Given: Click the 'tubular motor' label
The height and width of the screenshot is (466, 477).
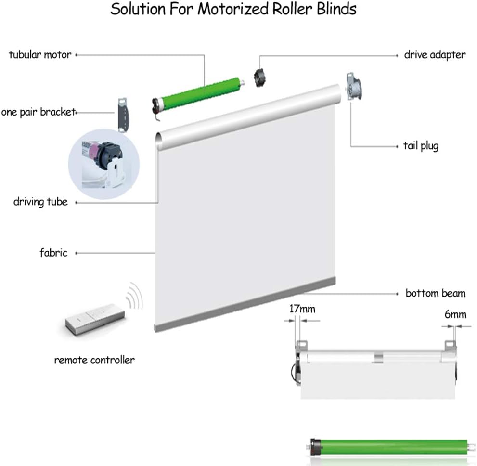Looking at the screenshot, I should coord(40,54).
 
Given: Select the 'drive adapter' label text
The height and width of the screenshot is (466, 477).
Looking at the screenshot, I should coord(435,54).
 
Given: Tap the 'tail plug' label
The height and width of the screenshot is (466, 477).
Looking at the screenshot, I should coord(421,145).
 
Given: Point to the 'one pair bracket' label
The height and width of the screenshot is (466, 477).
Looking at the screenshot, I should coord(38,112).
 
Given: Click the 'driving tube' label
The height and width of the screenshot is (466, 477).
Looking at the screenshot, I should coord(40,202).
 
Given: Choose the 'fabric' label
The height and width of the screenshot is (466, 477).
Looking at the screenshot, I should coord(53,252).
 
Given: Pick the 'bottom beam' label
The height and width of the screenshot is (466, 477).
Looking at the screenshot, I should coord(435,293).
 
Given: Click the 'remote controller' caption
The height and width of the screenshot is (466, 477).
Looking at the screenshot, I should coord(94,360).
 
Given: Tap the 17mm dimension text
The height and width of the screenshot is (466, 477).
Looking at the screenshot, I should coord(302,309).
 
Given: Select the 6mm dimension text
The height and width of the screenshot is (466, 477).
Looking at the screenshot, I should coord(455,314).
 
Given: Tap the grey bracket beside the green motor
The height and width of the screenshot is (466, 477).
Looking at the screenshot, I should coord(124,114).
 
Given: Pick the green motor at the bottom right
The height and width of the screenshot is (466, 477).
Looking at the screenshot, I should coord(389,446).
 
